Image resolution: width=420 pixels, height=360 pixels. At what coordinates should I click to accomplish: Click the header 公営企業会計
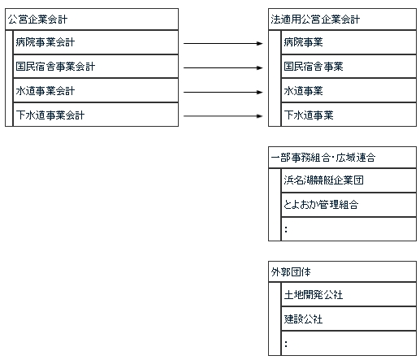92,20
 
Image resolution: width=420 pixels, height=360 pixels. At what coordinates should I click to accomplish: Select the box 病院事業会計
96,42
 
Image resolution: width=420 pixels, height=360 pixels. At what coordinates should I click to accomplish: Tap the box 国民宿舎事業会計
96,67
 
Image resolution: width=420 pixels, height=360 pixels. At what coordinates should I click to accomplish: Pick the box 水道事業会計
96,90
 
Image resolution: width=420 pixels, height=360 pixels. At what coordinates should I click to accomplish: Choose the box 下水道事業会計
96,115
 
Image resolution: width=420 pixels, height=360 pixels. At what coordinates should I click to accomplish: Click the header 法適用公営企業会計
342,20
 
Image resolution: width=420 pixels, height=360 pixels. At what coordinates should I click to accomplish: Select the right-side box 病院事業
349,42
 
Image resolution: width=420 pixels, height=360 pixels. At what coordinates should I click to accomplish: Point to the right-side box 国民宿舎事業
349,67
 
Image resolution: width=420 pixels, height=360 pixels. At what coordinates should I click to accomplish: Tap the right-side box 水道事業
349,90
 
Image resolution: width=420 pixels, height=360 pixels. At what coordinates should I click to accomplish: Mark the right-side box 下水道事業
349,115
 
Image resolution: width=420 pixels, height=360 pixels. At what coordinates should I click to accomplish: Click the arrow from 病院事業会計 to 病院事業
223,43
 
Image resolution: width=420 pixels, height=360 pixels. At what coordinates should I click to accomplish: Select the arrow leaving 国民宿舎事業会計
223,67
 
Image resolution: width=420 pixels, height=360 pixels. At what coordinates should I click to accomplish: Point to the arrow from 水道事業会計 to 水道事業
223,92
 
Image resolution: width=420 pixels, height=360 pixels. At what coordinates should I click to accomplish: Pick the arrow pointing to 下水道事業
223,116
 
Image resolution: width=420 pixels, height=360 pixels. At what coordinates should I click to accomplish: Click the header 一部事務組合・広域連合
342,158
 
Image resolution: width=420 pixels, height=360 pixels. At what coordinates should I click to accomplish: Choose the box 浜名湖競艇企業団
349,180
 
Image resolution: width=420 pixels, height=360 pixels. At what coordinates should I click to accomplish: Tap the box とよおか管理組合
349,205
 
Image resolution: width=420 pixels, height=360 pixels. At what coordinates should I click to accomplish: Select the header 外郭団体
342,271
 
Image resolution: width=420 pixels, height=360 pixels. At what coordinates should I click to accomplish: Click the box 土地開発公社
349,294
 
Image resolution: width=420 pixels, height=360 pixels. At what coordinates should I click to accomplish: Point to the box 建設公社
349,319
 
